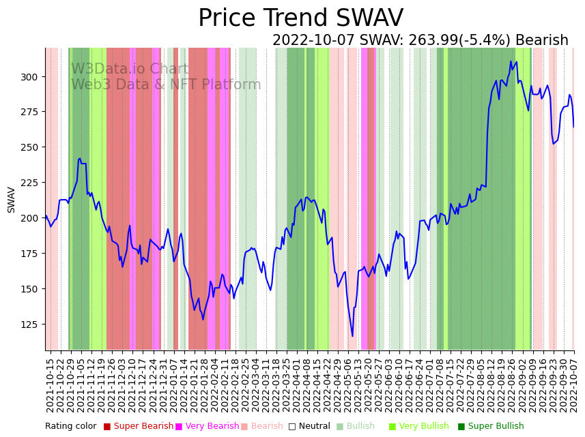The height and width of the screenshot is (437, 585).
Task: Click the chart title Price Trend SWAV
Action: [x=300, y=18]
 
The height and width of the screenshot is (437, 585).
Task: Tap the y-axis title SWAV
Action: [x=12, y=200]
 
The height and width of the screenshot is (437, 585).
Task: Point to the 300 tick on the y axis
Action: [x=32, y=76]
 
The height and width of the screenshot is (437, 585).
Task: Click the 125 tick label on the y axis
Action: [x=32, y=324]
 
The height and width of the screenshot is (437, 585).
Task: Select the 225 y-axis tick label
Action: [x=32, y=182]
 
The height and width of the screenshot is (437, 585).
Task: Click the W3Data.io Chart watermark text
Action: [x=130, y=69]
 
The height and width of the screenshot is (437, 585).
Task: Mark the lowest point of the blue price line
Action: [x=353, y=335]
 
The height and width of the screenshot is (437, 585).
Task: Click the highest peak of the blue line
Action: [x=511, y=62]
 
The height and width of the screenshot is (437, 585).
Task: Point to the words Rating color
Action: [x=70, y=426]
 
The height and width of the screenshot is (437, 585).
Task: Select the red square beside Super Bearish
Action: [x=107, y=427]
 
